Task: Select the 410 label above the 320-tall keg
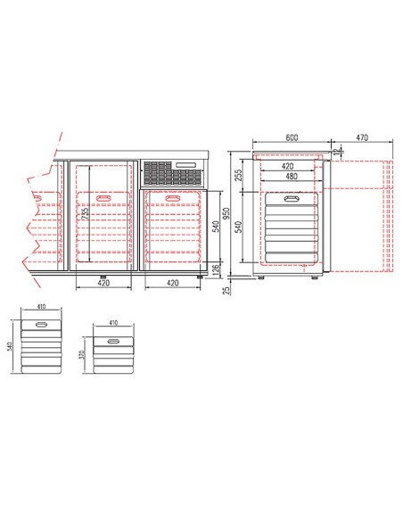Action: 112,325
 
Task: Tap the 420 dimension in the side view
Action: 288,166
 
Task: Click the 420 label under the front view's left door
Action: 101,285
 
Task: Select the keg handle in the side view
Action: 290,199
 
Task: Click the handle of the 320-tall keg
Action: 112,343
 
